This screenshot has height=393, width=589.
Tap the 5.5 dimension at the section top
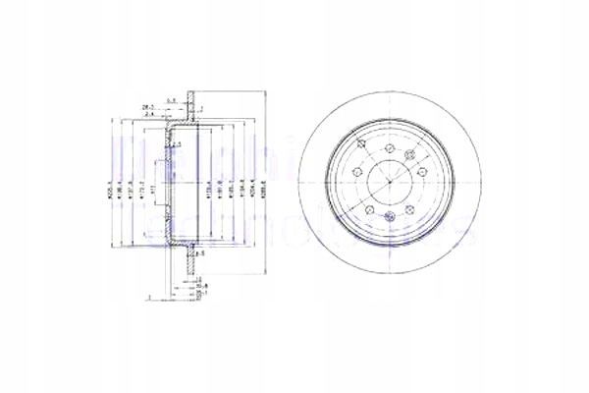(170, 98)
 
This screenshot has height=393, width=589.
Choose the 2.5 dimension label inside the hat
(179, 144)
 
